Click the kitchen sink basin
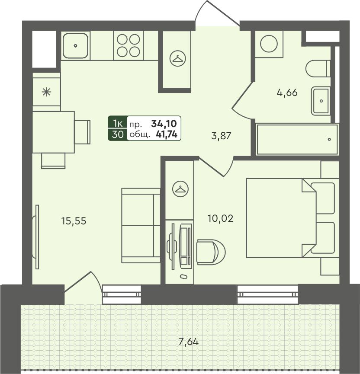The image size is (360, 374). click(75, 45)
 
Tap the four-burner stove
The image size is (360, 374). click(128, 45)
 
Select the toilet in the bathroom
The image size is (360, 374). click(318, 69)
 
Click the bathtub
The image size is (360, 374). click(297, 139)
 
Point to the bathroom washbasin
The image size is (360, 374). click(321, 101)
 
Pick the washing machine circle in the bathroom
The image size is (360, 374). click(269, 44)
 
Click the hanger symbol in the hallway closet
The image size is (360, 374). click(177, 58)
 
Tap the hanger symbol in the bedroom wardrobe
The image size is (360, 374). click(180, 189)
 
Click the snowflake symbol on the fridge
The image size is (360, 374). click(46, 92)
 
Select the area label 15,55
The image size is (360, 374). click(74, 221)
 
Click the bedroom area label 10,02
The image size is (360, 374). click(220, 218)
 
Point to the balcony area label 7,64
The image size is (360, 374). click(189, 342)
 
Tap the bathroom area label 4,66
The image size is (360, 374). click(287, 93)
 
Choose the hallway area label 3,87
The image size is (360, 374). click(221, 136)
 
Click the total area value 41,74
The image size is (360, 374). click(167, 135)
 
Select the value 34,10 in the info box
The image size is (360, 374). click(164, 124)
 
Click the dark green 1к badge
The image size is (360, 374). click(118, 124)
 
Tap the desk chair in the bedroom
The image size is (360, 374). click(211, 252)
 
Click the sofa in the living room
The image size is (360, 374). click(141, 225)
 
